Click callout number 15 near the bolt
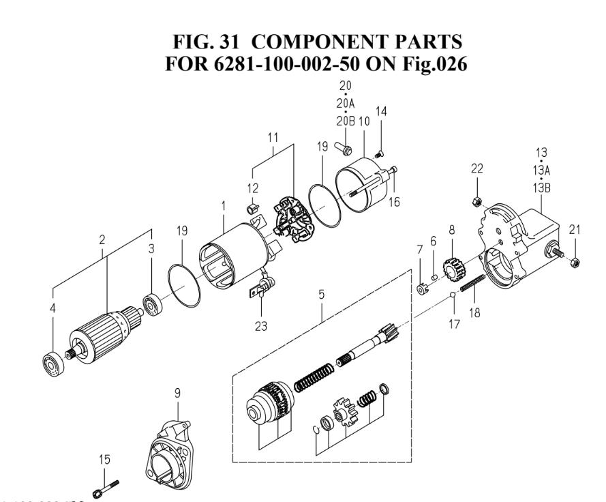104,459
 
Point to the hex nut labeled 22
476,201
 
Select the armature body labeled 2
104,334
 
